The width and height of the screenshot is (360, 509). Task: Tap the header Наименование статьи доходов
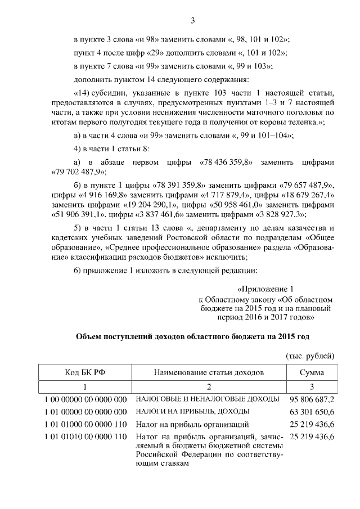(208, 372)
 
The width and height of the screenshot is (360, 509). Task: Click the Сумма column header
(310, 372)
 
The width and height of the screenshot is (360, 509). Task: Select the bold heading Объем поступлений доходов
(192, 336)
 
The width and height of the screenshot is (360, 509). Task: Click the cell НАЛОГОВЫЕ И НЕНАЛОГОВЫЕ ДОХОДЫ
(208, 399)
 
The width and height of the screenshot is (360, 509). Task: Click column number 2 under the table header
(208, 387)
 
